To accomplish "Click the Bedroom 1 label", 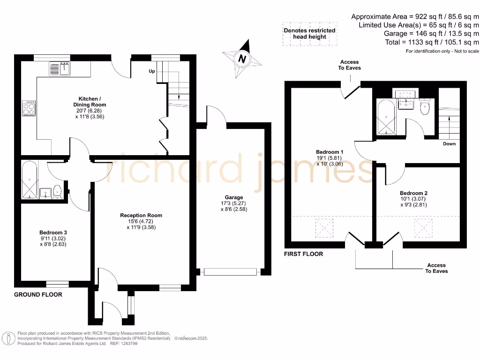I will click(x=330, y=152).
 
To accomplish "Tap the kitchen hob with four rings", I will click(x=29, y=108).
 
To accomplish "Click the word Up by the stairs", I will click(x=152, y=72).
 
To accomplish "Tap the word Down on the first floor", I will click(x=449, y=144).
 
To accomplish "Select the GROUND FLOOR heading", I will click(x=38, y=295).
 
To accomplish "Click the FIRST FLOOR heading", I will click(x=304, y=254).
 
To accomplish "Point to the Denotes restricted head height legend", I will click(x=309, y=34).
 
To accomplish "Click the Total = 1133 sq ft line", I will click(x=431, y=42).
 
